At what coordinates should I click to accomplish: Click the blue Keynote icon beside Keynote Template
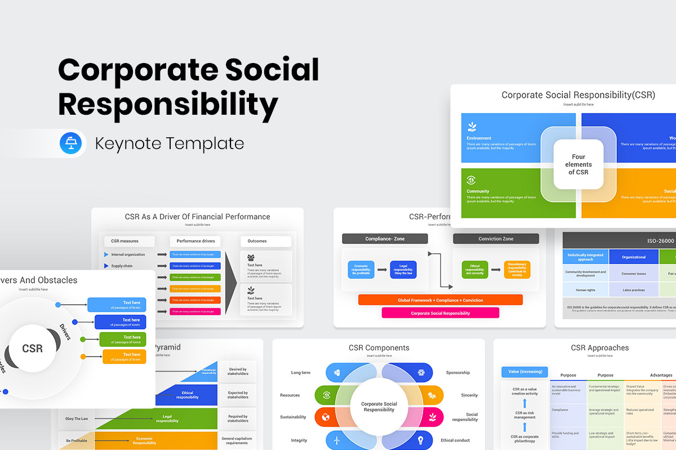coord(71,143)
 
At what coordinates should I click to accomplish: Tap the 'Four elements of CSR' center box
coord(579,164)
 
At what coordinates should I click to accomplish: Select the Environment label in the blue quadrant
coord(479,138)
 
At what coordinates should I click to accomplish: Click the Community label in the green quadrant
coord(478,191)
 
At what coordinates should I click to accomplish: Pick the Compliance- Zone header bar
coord(385,238)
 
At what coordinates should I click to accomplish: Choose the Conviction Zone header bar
coord(496,238)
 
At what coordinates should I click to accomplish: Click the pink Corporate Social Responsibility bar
coord(440,313)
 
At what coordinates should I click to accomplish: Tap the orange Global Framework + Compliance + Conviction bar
coord(440,300)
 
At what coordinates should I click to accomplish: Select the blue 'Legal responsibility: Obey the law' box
coord(403,270)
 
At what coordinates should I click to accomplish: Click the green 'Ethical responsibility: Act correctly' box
coord(474,270)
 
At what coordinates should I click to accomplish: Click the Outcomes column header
coord(265,241)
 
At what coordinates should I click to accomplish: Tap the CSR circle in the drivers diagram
coord(32,348)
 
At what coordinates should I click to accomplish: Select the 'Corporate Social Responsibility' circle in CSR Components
coord(379,407)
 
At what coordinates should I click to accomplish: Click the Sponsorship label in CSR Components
coord(457,372)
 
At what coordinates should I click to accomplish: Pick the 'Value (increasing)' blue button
coord(524,371)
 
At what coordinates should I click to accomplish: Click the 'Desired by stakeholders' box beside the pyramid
coord(238,371)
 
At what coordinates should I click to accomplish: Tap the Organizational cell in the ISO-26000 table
coord(634,257)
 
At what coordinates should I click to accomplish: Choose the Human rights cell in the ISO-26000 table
coord(585,290)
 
